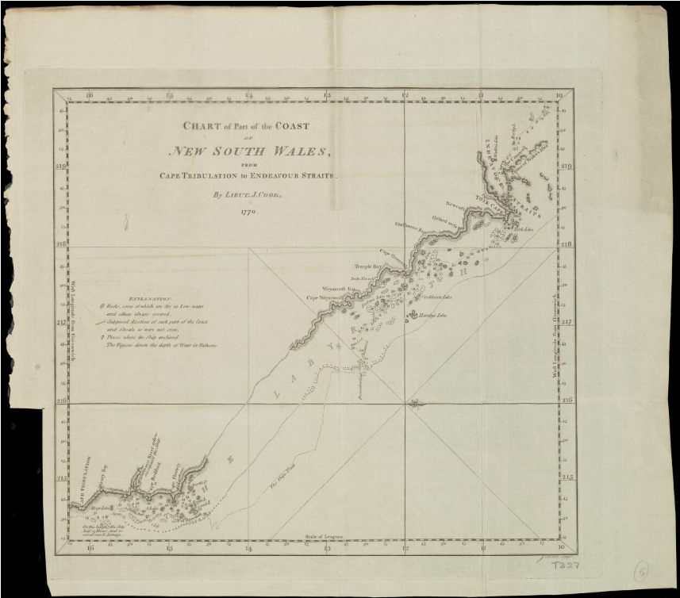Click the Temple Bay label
coord(368,268)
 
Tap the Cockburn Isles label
coord(436,297)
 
